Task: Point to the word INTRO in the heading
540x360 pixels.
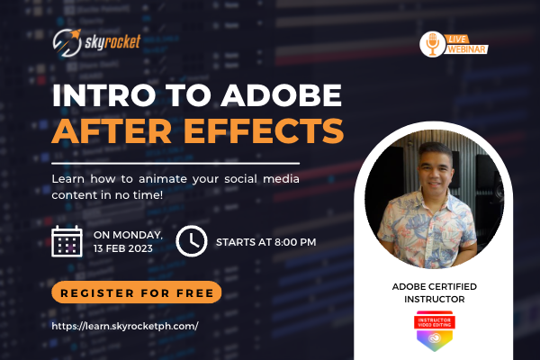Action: point(93,95)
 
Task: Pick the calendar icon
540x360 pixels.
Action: point(68,241)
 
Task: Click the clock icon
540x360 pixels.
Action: point(190,240)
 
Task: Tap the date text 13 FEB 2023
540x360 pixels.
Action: point(129,248)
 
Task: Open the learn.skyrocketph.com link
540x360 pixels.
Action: point(125,326)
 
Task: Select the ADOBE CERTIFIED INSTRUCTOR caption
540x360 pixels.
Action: point(434,292)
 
